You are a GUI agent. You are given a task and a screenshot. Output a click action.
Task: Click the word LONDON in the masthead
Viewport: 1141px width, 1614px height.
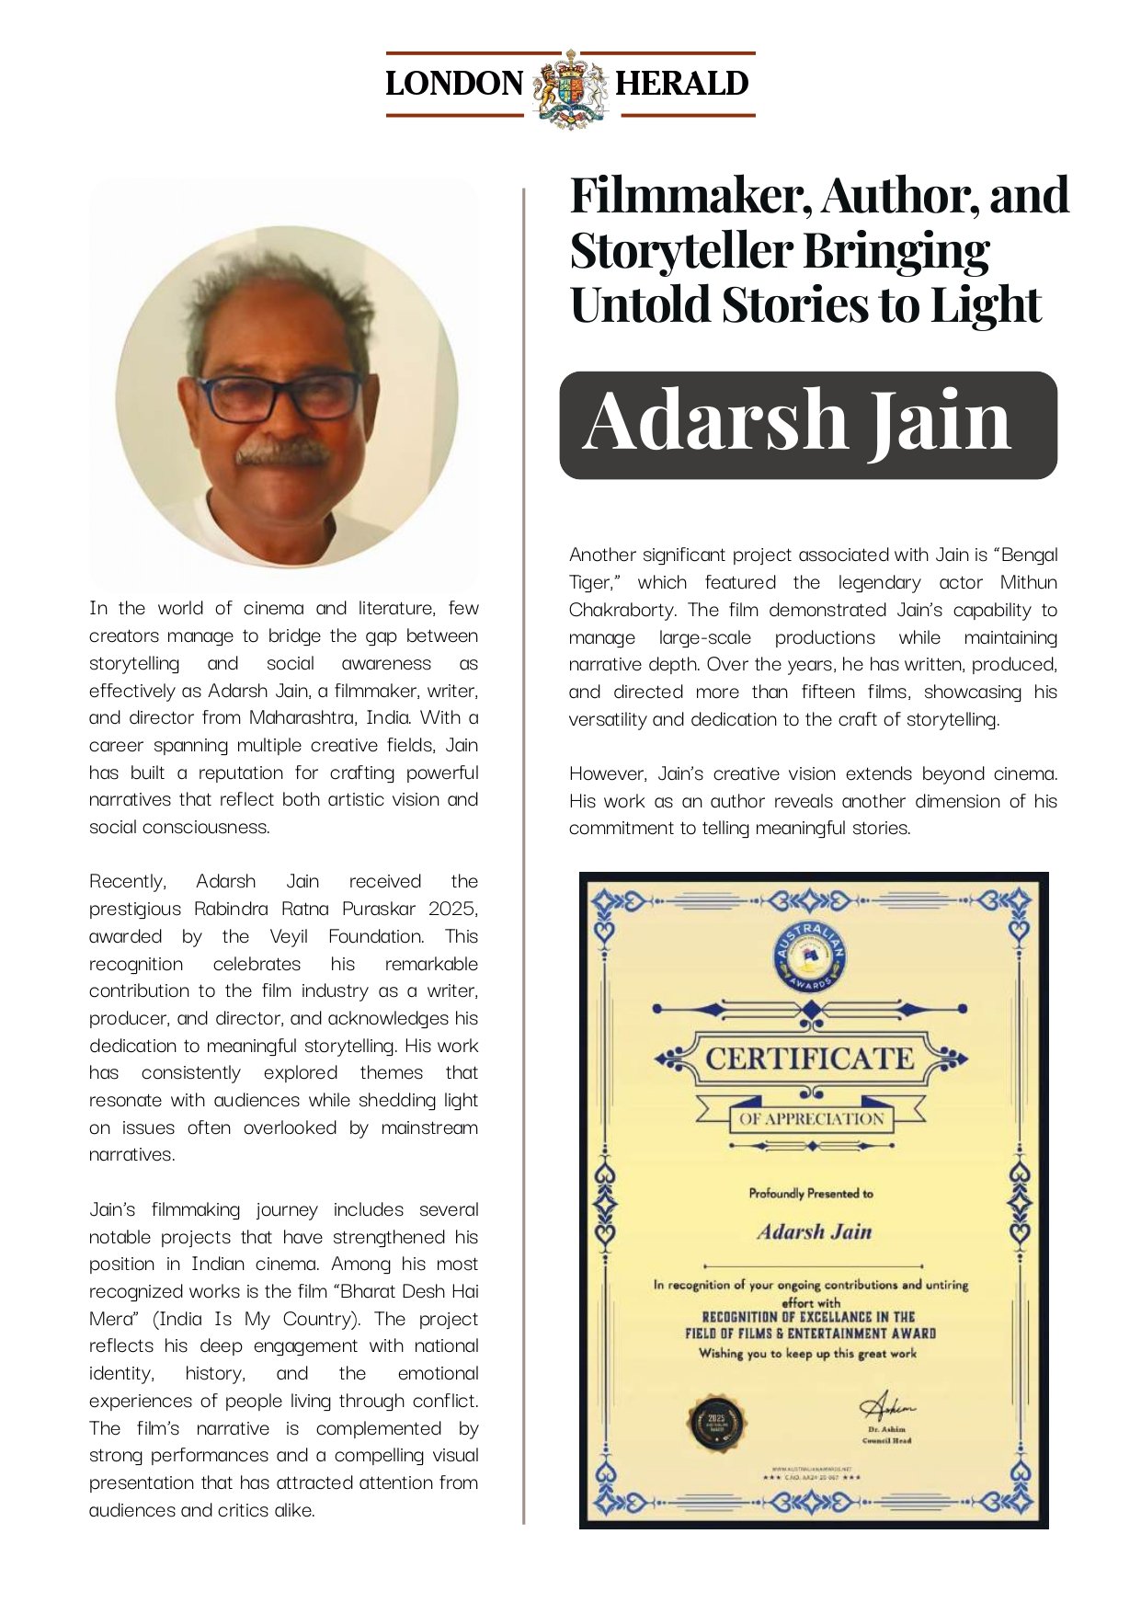coord(453,84)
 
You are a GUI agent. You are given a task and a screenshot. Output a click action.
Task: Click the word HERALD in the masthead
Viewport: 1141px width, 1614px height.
coord(681,84)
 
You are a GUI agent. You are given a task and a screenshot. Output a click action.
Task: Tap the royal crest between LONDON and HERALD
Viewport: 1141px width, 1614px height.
coord(571,88)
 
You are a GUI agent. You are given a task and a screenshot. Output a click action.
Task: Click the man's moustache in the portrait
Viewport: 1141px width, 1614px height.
coord(282,452)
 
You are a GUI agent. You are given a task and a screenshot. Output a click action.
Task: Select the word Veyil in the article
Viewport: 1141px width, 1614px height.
coord(289,936)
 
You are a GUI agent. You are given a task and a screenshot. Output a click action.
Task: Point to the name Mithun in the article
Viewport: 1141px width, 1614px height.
coord(1028,582)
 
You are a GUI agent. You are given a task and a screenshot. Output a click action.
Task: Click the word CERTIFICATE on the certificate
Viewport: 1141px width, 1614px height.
coord(810,1059)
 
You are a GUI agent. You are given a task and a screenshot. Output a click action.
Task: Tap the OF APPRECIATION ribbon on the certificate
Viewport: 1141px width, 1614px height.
coord(811,1119)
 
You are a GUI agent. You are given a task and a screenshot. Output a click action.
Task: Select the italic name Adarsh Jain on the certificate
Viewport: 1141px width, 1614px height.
coord(815,1232)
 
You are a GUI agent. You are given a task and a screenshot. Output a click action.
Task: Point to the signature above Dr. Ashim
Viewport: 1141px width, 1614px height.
coord(886,1407)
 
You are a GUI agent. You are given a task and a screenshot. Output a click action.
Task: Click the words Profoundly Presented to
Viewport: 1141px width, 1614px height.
coord(811,1194)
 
